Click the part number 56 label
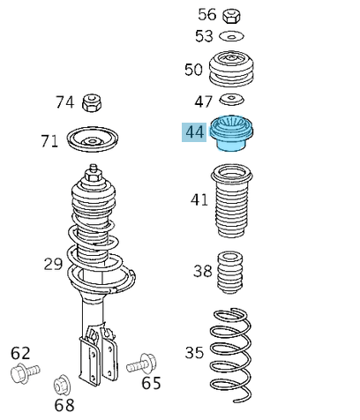pos(206,14)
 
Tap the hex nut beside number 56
pos(232,15)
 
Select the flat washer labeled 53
pos(232,36)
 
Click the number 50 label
pos(193,70)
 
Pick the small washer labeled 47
pos(232,99)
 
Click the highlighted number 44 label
pos(194,132)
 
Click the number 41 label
pos(199,199)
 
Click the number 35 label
pos(194,353)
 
